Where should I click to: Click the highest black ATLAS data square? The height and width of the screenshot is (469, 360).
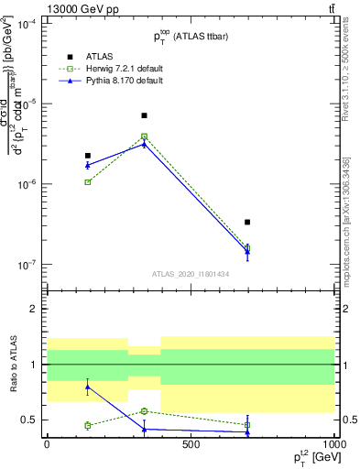[144, 115]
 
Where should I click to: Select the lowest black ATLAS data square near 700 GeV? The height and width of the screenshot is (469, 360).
[247, 222]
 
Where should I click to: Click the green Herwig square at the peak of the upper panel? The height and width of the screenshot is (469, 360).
[144, 136]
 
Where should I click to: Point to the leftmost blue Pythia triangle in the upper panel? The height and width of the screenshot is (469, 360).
[88, 165]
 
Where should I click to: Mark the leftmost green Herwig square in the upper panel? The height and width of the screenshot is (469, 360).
[88, 182]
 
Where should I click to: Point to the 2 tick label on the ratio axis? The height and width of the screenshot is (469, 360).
[33, 309]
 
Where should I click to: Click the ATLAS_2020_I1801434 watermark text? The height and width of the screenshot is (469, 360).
[191, 274]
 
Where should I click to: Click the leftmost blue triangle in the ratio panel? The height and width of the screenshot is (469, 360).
[88, 387]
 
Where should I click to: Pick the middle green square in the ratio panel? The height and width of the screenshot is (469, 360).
[144, 411]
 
